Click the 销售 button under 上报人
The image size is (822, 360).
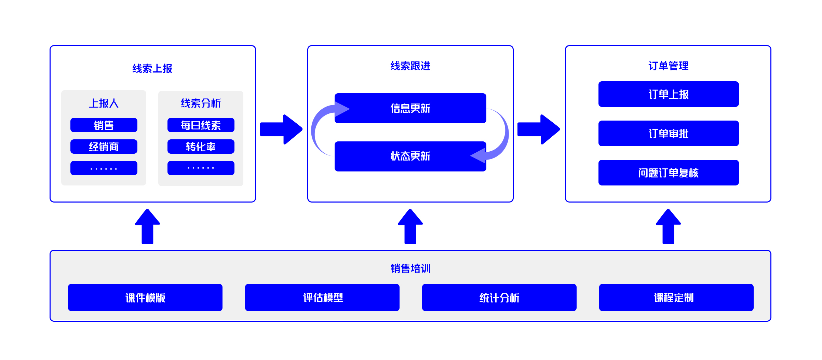pyautogui.click(x=104, y=125)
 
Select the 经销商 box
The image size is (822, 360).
pyautogui.click(x=104, y=147)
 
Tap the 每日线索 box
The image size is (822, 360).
pyautogui.click(x=201, y=125)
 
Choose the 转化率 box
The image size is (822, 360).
pyautogui.click(x=201, y=147)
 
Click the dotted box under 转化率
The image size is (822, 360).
pyautogui.click(x=201, y=168)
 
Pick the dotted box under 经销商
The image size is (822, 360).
pyautogui.click(x=104, y=168)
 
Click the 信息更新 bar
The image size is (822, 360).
pyautogui.click(x=410, y=108)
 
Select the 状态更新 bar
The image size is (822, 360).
pyautogui.click(x=410, y=156)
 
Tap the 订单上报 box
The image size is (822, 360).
pyautogui.click(x=668, y=94)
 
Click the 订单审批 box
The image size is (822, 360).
pyautogui.click(x=668, y=134)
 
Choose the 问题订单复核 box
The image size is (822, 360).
pyautogui.click(x=668, y=173)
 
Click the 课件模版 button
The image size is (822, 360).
pyautogui.click(x=145, y=297)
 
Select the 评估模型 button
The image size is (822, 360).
pyautogui.click(x=322, y=297)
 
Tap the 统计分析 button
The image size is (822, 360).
pyautogui.click(x=499, y=297)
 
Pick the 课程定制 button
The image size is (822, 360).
pyautogui.click(x=676, y=297)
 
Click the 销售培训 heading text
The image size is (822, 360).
pyautogui.click(x=410, y=268)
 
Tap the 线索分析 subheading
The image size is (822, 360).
pyautogui.click(x=201, y=103)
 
